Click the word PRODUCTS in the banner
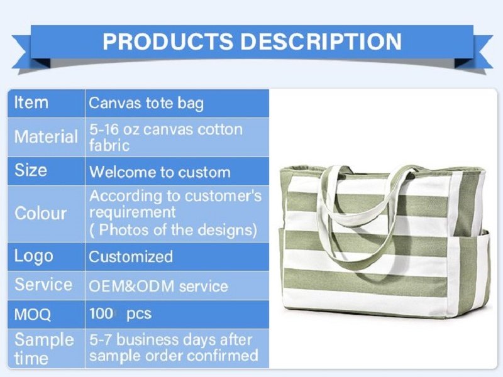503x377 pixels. pyautogui.click(x=168, y=41)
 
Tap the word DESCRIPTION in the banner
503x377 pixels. pyautogui.click(x=321, y=41)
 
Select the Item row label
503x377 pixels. pyautogui.click(x=31, y=102)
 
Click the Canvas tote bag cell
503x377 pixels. pyautogui.click(x=146, y=103)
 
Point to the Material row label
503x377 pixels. pyautogui.click(x=46, y=136)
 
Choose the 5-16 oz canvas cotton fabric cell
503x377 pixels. pyautogui.click(x=166, y=137)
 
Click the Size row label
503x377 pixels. pyautogui.click(x=31, y=170)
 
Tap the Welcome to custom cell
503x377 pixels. pyautogui.click(x=160, y=172)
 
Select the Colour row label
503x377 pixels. pyautogui.click(x=41, y=213)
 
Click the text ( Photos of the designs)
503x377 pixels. pyautogui.click(x=174, y=229)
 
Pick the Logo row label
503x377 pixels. pyautogui.click(x=34, y=256)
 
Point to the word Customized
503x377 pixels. pyautogui.click(x=131, y=256)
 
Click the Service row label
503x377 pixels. pyautogui.click(x=43, y=285)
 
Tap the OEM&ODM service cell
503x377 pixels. pyautogui.click(x=158, y=286)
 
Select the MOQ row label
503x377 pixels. pyautogui.click(x=33, y=314)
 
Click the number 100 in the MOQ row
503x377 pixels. pyautogui.click(x=101, y=314)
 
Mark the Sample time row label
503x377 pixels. pyautogui.click(x=44, y=349)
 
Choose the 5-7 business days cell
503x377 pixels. pyautogui.click(x=174, y=348)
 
